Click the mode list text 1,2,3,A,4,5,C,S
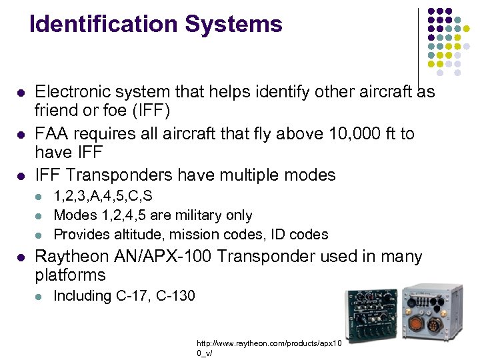click(103, 197)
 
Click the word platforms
click(70, 275)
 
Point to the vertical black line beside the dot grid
click(418, 47)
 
